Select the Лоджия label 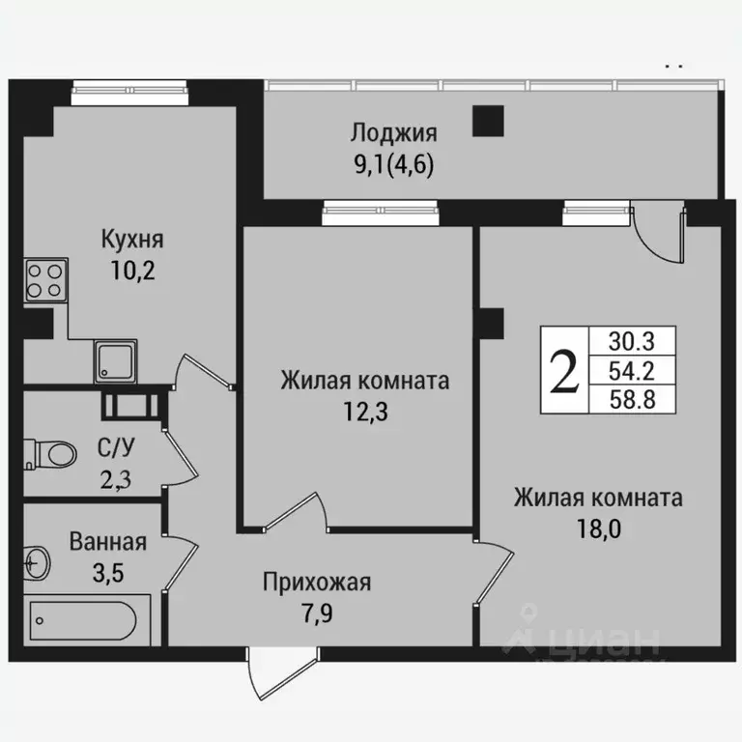pos(394,133)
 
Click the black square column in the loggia pos(488,121)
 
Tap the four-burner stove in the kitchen pos(44,281)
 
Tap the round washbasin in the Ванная pos(38,559)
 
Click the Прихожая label pos(318,583)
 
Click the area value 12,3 pos(364,411)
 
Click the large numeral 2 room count pos(564,369)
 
